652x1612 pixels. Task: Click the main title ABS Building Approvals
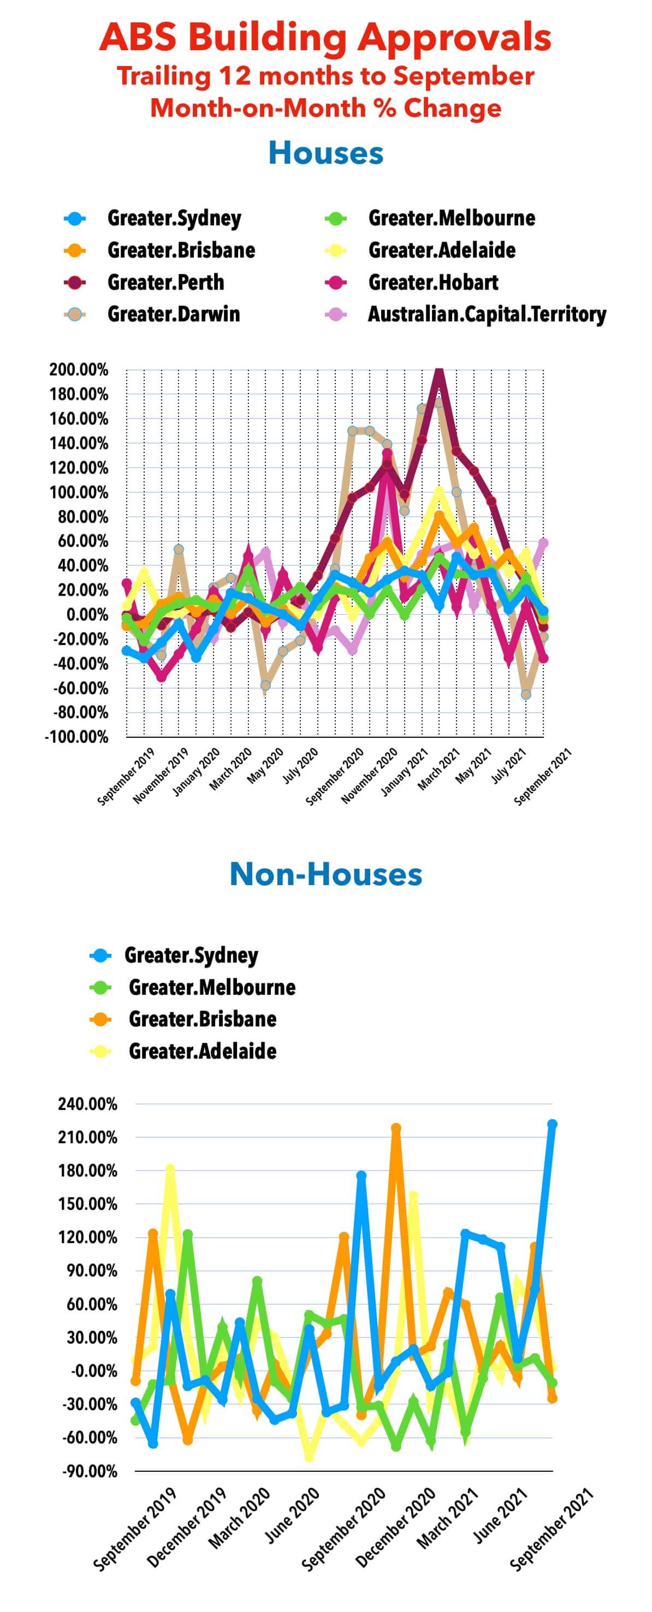325,38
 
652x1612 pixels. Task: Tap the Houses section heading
325,153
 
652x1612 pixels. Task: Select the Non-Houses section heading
325,874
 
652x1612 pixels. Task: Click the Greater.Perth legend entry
165,282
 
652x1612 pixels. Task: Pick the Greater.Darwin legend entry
174,314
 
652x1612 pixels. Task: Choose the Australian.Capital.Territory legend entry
487,314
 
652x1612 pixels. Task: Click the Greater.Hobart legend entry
433,282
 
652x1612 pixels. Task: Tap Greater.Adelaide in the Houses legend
442,250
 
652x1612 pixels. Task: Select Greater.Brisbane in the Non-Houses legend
202,1019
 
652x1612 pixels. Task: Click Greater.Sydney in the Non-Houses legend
191,955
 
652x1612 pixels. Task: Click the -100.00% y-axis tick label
76,737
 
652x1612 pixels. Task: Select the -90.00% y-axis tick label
90,1471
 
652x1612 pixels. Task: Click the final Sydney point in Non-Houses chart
552,1125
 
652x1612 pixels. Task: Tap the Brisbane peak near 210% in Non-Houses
396,1129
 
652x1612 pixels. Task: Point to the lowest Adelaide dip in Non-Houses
308,1455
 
